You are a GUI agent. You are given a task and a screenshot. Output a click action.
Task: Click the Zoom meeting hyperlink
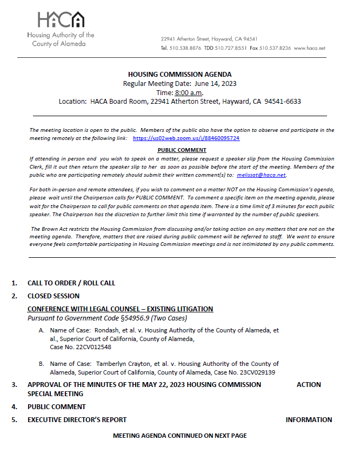(x=186, y=138)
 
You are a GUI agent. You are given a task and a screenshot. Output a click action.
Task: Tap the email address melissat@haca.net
(x=261, y=175)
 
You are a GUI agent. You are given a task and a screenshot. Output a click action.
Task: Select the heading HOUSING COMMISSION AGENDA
(x=179, y=75)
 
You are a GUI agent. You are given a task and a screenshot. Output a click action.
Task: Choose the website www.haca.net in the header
(x=310, y=48)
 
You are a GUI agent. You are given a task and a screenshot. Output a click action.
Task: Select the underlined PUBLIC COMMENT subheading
(x=182, y=150)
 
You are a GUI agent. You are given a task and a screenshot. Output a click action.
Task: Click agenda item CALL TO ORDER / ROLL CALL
(x=71, y=283)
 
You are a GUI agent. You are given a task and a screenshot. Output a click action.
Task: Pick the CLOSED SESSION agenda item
(x=54, y=296)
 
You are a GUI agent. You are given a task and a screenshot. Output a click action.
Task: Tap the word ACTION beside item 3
(x=309, y=385)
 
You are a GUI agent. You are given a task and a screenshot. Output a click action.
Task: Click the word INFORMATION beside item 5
(x=309, y=419)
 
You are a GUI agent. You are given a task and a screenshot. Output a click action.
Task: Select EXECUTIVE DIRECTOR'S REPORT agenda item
(x=77, y=419)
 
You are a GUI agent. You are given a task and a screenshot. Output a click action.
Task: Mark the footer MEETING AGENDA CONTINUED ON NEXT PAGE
(x=179, y=436)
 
